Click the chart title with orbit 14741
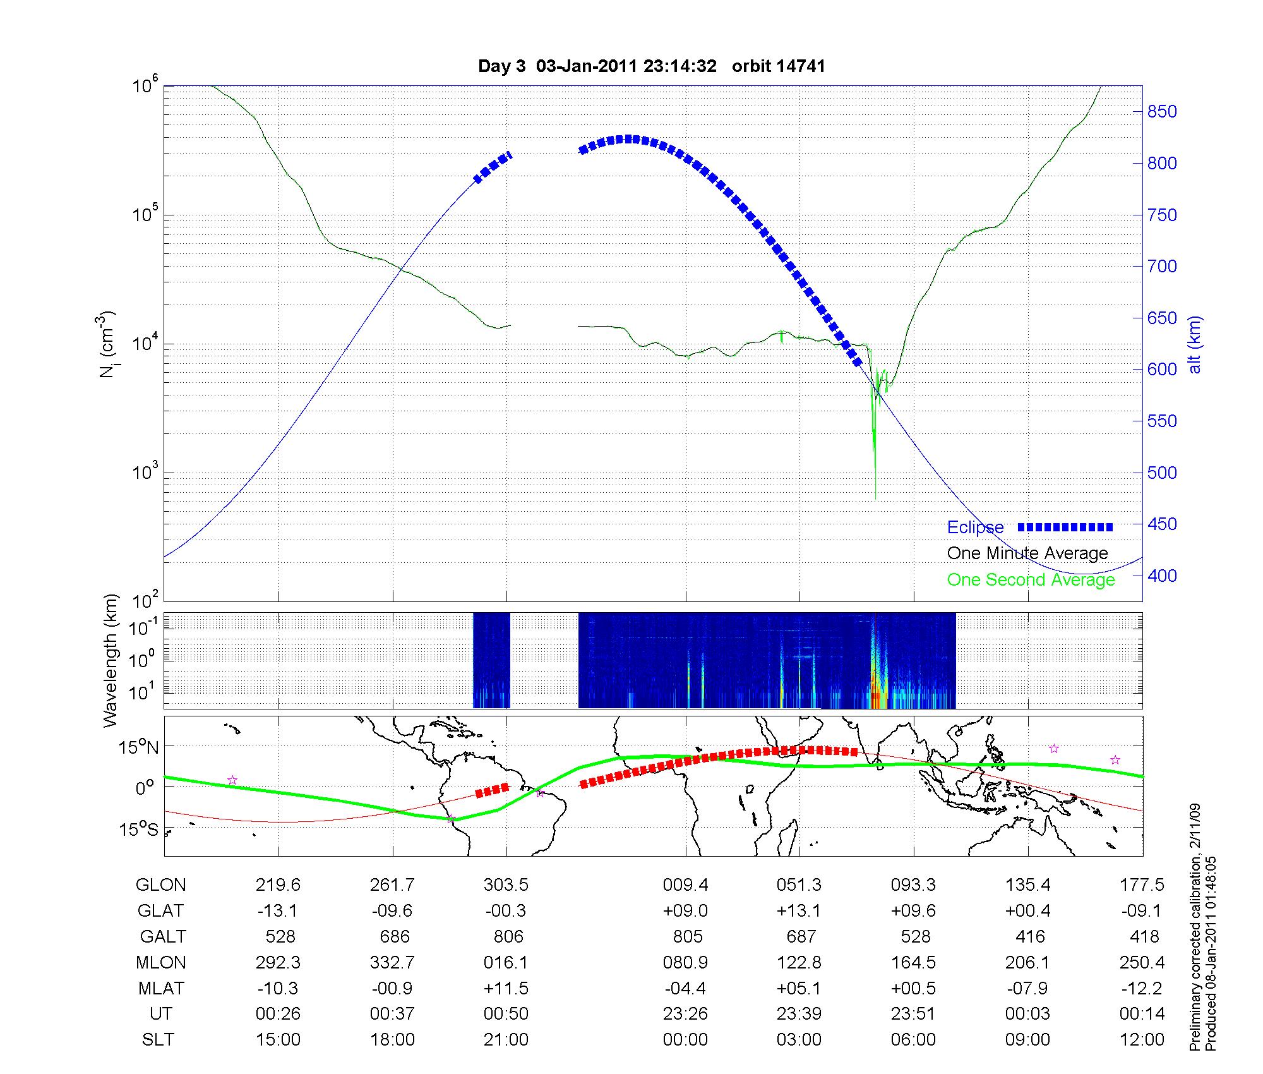tap(651, 66)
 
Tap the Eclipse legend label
tap(975, 528)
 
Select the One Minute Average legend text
tap(1027, 553)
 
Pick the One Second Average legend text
tap(1031, 580)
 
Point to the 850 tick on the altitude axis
tap(1162, 112)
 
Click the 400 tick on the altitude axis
tap(1162, 576)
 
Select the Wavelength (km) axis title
tap(111, 660)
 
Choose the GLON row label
tap(160, 885)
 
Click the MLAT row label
tap(160, 988)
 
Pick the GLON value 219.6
tap(278, 885)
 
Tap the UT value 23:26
tap(685, 1014)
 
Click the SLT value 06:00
tap(913, 1040)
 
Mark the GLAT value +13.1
tap(799, 911)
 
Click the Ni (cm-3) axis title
tap(109, 344)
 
